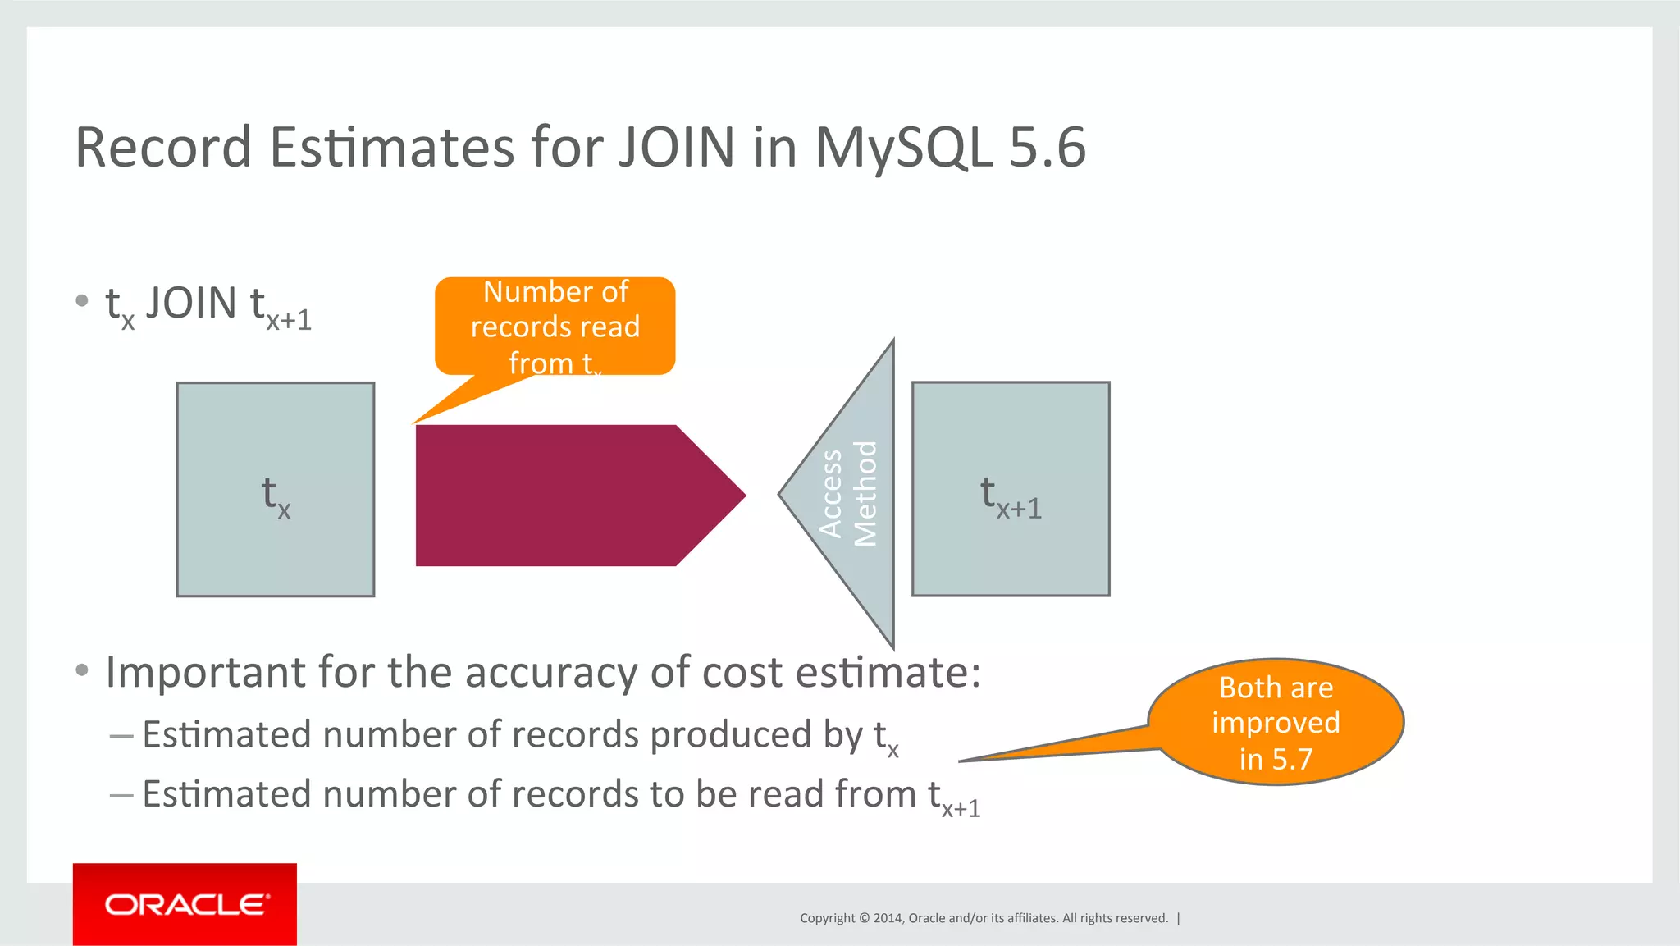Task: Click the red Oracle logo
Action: coord(185,903)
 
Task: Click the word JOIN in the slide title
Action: coord(676,148)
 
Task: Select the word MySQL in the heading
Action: coord(903,148)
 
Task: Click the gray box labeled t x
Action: coord(276,489)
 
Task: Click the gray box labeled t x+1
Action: coord(1011,489)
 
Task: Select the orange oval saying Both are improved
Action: coord(1276,722)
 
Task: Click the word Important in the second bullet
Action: coord(205,672)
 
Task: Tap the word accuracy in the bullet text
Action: coord(549,672)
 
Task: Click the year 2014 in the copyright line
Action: coord(888,918)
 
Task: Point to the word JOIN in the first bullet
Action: coord(191,304)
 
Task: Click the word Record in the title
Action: coord(163,148)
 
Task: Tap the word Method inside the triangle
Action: coord(865,494)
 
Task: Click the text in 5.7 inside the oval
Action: coord(1276,759)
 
